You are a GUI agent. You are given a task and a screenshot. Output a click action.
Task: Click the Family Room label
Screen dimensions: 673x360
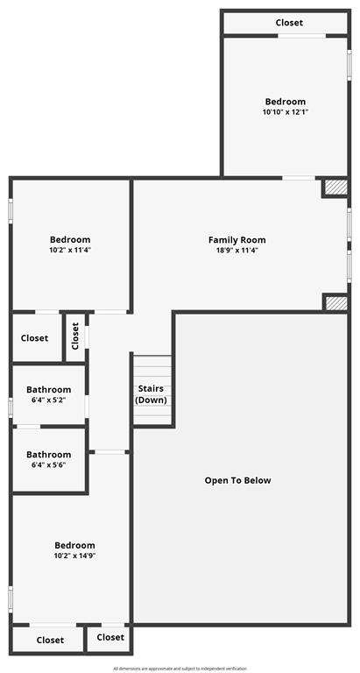tap(236, 240)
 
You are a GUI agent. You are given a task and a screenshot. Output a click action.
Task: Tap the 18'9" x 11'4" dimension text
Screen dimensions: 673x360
tap(236, 251)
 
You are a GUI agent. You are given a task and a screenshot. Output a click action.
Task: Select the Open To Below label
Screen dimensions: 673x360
tap(237, 480)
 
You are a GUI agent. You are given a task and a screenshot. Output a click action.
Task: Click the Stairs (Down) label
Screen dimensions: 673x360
tap(151, 394)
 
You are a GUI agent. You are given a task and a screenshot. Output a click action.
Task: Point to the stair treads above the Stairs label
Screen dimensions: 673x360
tap(152, 366)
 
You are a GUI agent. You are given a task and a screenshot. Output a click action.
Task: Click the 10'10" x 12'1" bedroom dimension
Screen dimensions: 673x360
tap(286, 112)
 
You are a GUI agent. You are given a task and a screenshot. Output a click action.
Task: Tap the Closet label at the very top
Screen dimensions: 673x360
tap(289, 23)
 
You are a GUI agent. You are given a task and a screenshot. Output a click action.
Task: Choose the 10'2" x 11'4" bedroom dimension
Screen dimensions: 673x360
tap(70, 251)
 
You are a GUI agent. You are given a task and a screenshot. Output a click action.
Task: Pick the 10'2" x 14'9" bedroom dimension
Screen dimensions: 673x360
tap(74, 556)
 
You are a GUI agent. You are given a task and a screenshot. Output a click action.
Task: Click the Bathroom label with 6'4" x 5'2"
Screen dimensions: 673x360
tap(48, 390)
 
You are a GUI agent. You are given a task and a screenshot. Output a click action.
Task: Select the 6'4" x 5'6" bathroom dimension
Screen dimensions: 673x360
tap(48, 465)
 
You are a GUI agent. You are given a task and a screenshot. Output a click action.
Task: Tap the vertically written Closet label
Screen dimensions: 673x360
tap(75, 336)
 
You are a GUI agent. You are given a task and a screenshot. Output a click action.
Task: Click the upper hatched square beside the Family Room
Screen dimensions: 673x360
tap(335, 188)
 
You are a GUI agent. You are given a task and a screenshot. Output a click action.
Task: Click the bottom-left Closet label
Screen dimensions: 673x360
tap(50, 641)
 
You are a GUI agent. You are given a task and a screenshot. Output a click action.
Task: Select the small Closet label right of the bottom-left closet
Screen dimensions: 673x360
tap(110, 638)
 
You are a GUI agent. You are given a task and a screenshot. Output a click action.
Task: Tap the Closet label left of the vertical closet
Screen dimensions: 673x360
tap(35, 338)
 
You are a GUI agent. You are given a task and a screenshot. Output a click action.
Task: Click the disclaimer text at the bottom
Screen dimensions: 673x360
tap(180, 669)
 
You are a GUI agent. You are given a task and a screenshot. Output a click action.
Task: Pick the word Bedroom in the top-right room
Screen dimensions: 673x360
tap(286, 102)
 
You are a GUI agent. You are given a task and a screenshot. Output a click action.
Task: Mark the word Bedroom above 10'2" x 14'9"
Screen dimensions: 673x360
tap(74, 545)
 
